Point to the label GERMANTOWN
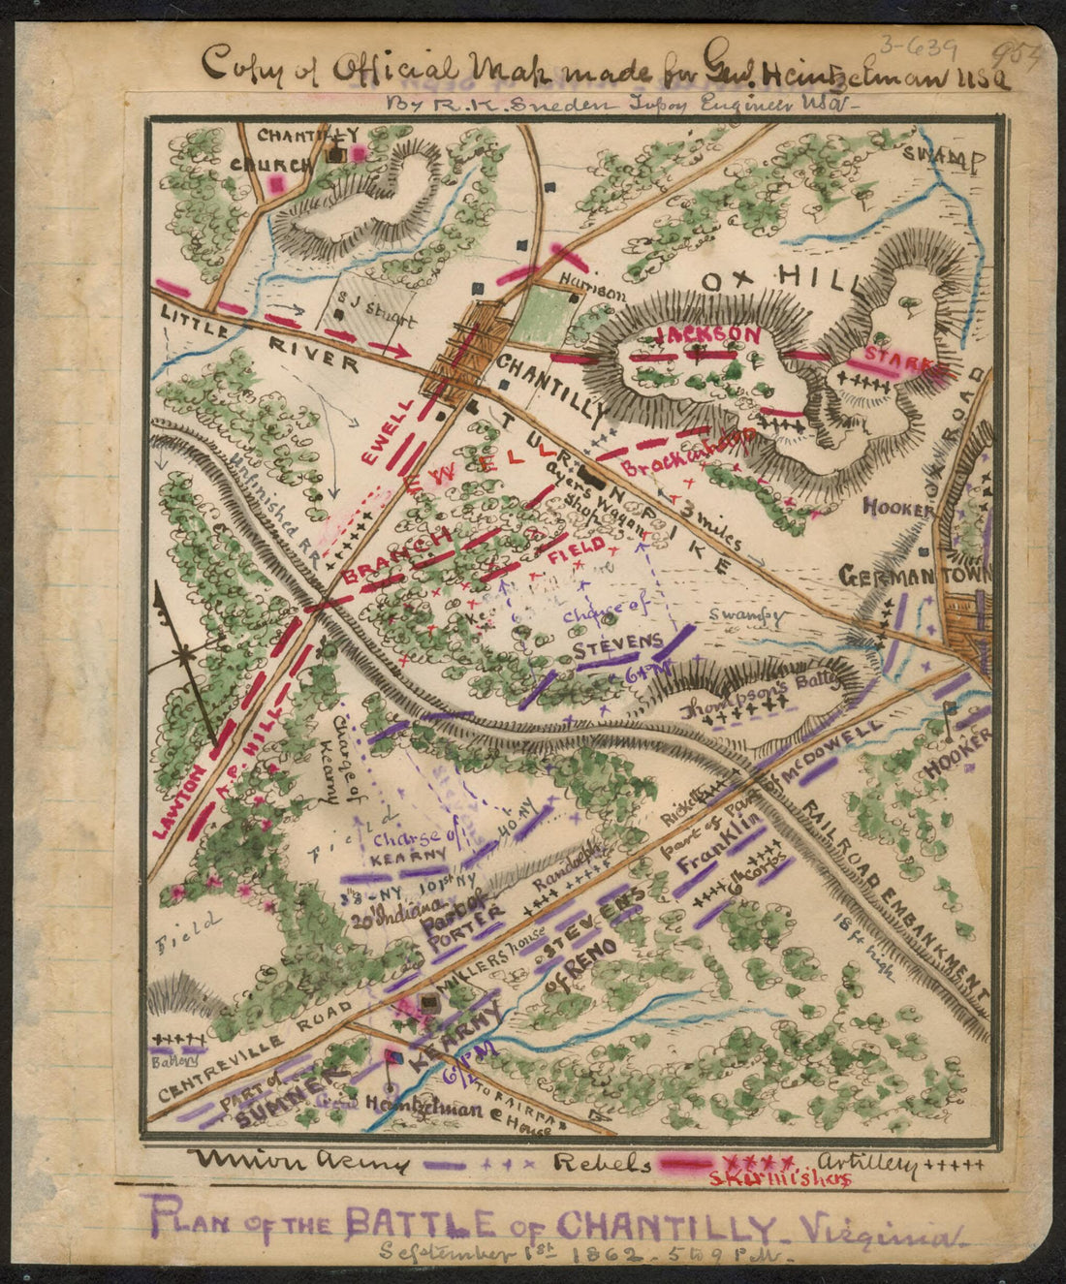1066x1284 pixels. click(914, 575)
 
